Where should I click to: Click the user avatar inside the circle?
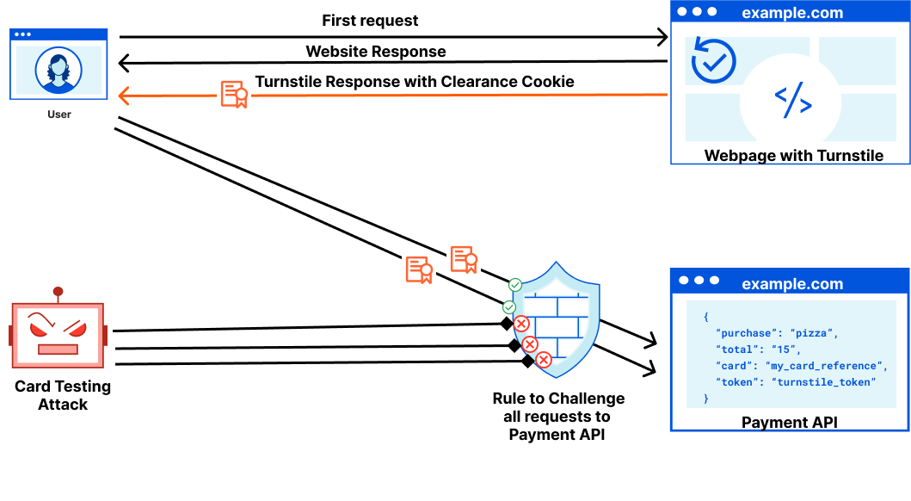click(x=58, y=69)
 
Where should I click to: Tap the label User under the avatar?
click(x=59, y=114)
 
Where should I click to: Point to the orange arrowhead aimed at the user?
click(x=123, y=96)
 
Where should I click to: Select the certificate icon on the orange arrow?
click(x=234, y=94)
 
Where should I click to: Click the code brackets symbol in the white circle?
click(x=792, y=102)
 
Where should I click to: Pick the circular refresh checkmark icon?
click(x=713, y=60)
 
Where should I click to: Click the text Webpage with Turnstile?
click(x=793, y=156)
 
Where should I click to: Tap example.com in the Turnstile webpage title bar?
click(x=791, y=13)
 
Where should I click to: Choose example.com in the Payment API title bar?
click(x=791, y=284)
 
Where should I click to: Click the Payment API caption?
click(x=789, y=423)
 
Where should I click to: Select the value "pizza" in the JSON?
click(x=813, y=333)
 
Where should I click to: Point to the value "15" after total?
click(x=783, y=349)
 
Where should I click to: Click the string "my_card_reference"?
click(x=825, y=366)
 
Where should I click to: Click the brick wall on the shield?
click(x=557, y=324)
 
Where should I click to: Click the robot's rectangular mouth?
click(x=58, y=349)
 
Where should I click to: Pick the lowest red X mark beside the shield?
click(x=544, y=360)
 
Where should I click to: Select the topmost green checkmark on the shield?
click(x=514, y=285)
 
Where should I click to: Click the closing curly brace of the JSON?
click(x=706, y=399)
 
